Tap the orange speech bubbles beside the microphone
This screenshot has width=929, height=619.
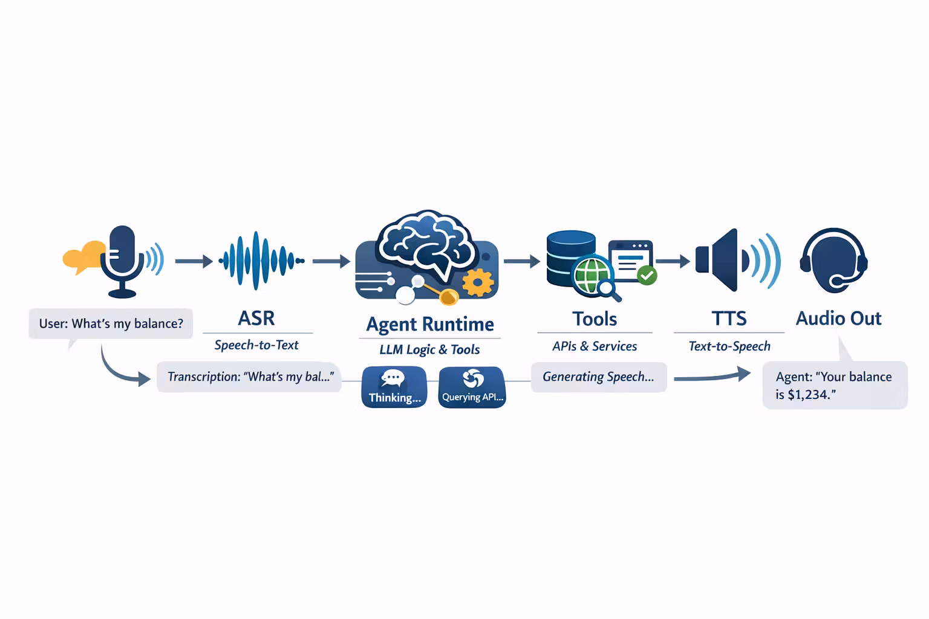[x=83, y=258]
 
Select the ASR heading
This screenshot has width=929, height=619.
[x=256, y=318]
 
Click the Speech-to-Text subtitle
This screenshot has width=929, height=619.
[x=256, y=345]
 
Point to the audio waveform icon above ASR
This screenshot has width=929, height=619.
[x=260, y=261]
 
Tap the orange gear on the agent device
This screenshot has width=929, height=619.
[x=478, y=282]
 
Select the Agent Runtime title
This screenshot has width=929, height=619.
[x=430, y=324]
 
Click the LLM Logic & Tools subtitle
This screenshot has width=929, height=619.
[x=429, y=349]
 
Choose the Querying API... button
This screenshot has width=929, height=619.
[x=472, y=387]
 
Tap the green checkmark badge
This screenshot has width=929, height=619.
[x=647, y=276]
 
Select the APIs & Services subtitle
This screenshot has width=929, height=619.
[x=595, y=346]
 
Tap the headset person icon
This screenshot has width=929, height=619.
[x=833, y=261]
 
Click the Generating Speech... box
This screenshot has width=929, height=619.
[x=598, y=377]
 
